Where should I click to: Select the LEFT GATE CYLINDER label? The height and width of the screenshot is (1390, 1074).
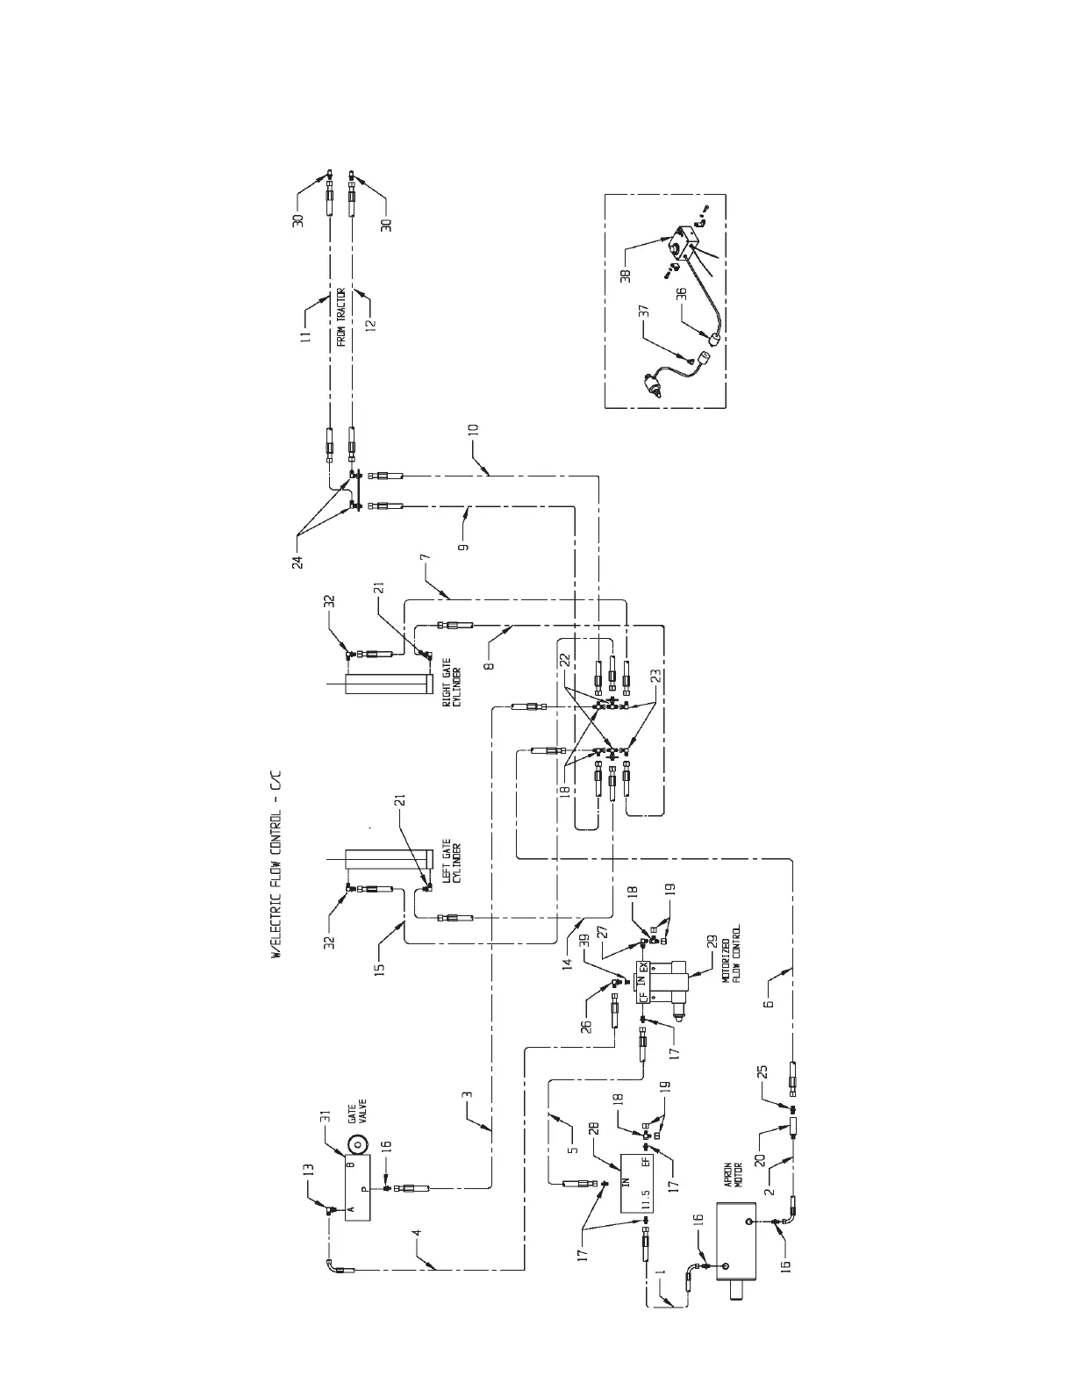tap(450, 867)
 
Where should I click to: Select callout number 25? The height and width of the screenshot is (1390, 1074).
tap(763, 1071)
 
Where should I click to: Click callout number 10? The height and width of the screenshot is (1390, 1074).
tap(474, 429)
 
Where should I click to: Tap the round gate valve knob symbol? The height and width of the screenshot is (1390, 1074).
tap(358, 1145)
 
